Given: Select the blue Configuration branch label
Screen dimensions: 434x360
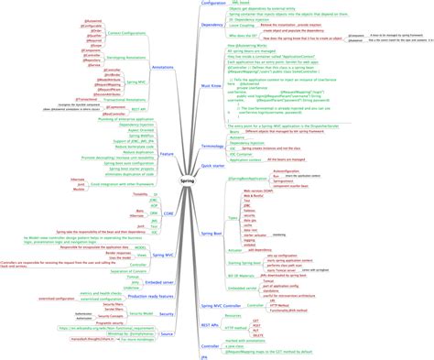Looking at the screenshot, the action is pyautogui.click(x=213, y=4).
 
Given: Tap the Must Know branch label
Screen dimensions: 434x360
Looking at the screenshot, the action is pyautogui.click(x=212, y=84).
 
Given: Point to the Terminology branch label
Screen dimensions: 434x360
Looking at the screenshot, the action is pyautogui.click(x=212, y=146).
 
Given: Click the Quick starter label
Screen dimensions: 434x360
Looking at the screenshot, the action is pyautogui.click(x=212, y=166).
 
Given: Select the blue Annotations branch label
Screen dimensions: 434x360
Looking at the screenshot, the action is pyautogui.click(x=163, y=68).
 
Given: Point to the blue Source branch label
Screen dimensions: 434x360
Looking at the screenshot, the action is pyautogui.click(x=167, y=334).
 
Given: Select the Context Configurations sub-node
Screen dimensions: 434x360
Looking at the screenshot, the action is pyautogui.click(x=125, y=33).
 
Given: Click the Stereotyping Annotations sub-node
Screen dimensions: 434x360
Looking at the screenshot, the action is pyautogui.click(x=127, y=58).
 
